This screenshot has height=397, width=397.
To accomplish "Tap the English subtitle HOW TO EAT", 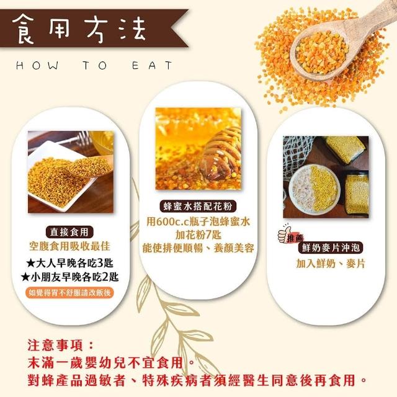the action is click(94, 66).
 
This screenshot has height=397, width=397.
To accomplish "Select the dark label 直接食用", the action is click(69, 232).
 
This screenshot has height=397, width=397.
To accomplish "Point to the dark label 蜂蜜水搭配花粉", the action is click(198, 206).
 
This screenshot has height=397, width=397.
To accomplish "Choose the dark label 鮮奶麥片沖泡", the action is click(331, 248).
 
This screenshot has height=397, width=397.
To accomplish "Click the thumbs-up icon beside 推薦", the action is click(284, 234).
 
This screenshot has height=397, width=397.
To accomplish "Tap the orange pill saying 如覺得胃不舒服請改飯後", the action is click(69, 293).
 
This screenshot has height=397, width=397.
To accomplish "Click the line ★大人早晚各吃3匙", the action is click(69, 263).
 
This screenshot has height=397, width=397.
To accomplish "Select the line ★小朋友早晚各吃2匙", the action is click(69, 277).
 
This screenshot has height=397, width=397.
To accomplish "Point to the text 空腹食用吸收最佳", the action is click(69, 246).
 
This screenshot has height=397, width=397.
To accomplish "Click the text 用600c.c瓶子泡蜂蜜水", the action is click(198, 221).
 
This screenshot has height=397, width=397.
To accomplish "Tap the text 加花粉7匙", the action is click(198, 234).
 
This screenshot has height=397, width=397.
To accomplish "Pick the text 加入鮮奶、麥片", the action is click(331, 264).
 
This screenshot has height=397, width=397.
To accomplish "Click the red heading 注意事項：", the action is click(61, 346).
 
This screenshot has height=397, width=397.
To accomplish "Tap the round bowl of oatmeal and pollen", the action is click(313, 190).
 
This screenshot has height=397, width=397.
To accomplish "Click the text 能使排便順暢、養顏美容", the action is click(198, 248).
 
